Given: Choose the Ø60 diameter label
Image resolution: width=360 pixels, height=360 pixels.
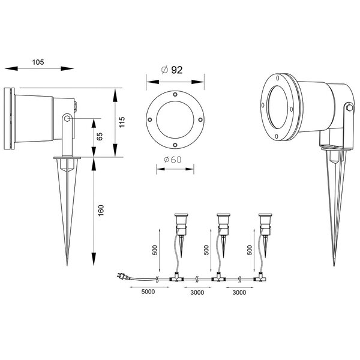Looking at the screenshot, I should pos(173,160).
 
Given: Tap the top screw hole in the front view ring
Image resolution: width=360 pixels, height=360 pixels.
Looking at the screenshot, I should pos(173,95).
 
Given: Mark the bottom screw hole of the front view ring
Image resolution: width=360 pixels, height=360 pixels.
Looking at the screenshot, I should pos(173,145).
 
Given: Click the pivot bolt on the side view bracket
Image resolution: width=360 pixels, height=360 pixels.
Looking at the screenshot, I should pos(68,120).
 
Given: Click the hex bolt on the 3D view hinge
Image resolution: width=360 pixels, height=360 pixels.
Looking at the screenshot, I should pos(349,109).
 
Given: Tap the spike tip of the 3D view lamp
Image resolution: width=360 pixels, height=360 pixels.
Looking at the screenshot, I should pos(334,264).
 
